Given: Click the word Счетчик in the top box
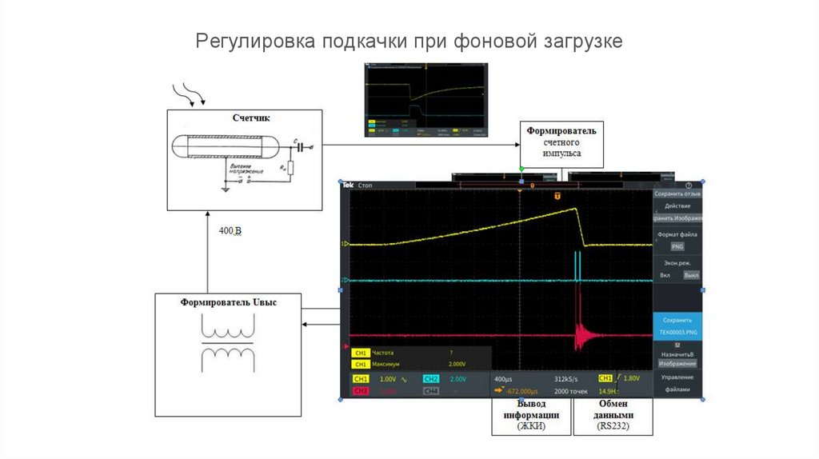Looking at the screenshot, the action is click(251, 118).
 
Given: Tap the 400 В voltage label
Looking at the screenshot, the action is click(230, 231).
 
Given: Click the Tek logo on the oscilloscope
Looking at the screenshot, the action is click(348, 186).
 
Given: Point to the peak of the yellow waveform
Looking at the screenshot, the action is click(576, 209).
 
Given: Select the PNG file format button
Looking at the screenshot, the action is click(677, 247).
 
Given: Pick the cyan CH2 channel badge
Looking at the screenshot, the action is click(430, 378).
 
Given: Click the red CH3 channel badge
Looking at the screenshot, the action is click(361, 390).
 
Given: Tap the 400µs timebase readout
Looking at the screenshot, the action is click(505, 378).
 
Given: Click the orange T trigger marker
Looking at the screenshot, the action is click(557, 195).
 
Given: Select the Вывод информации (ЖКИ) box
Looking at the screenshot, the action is click(531, 416).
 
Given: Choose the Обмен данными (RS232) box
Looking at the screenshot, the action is click(614, 416).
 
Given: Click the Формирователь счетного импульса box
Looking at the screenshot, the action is click(561, 142).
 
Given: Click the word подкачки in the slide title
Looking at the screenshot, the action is click(365, 41).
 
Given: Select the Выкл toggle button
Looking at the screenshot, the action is click(691, 275).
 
